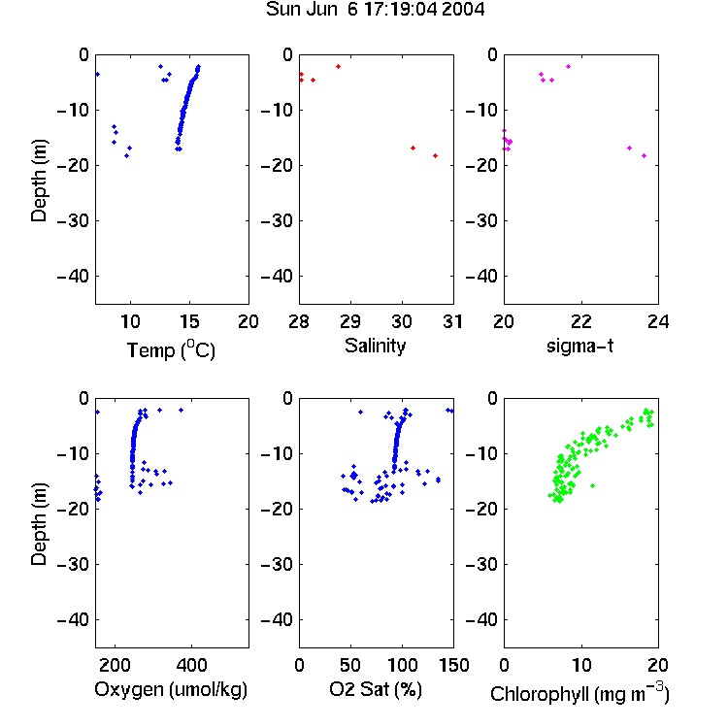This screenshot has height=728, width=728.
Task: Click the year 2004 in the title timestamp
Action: pyautogui.click(x=463, y=9)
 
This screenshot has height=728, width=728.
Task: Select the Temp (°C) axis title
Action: pyautogui.click(x=171, y=349)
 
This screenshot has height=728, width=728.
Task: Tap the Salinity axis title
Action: pyautogui.click(x=375, y=346)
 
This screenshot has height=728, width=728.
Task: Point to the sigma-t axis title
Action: pyautogui.click(x=579, y=346)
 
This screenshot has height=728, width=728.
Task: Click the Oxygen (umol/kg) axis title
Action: pyautogui.click(x=171, y=689)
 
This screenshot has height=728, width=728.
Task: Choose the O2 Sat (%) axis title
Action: pyautogui.click(x=376, y=689)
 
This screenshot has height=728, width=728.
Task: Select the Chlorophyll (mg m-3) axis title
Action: pyautogui.click(x=579, y=693)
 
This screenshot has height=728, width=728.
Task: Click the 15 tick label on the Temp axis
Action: pyautogui.click(x=189, y=321)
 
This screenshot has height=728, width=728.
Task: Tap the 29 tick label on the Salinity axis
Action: pyautogui.click(x=350, y=321)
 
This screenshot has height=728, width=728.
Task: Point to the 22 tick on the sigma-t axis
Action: pyautogui.click(x=580, y=321)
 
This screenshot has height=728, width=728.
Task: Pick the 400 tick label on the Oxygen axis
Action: pyautogui.click(x=191, y=665)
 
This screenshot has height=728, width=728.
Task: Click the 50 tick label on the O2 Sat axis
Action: pyautogui.click(x=350, y=665)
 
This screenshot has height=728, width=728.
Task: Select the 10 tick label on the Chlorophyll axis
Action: pyautogui.click(x=581, y=665)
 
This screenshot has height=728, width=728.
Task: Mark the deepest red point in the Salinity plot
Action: pyautogui.click(x=435, y=155)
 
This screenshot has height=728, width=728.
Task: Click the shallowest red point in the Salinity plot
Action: pyautogui.click(x=338, y=66)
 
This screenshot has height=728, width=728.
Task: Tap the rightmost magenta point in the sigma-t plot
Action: pyautogui.click(x=644, y=155)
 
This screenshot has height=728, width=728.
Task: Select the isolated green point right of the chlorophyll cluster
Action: pyautogui.click(x=592, y=485)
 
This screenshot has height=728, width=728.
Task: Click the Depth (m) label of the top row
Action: pyautogui.click(x=39, y=181)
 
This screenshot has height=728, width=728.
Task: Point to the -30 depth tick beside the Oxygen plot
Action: pyautogui.click(x=73, y=564)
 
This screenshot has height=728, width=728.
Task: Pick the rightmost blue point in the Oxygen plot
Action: pyautogui.click(x=182, y=410)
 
